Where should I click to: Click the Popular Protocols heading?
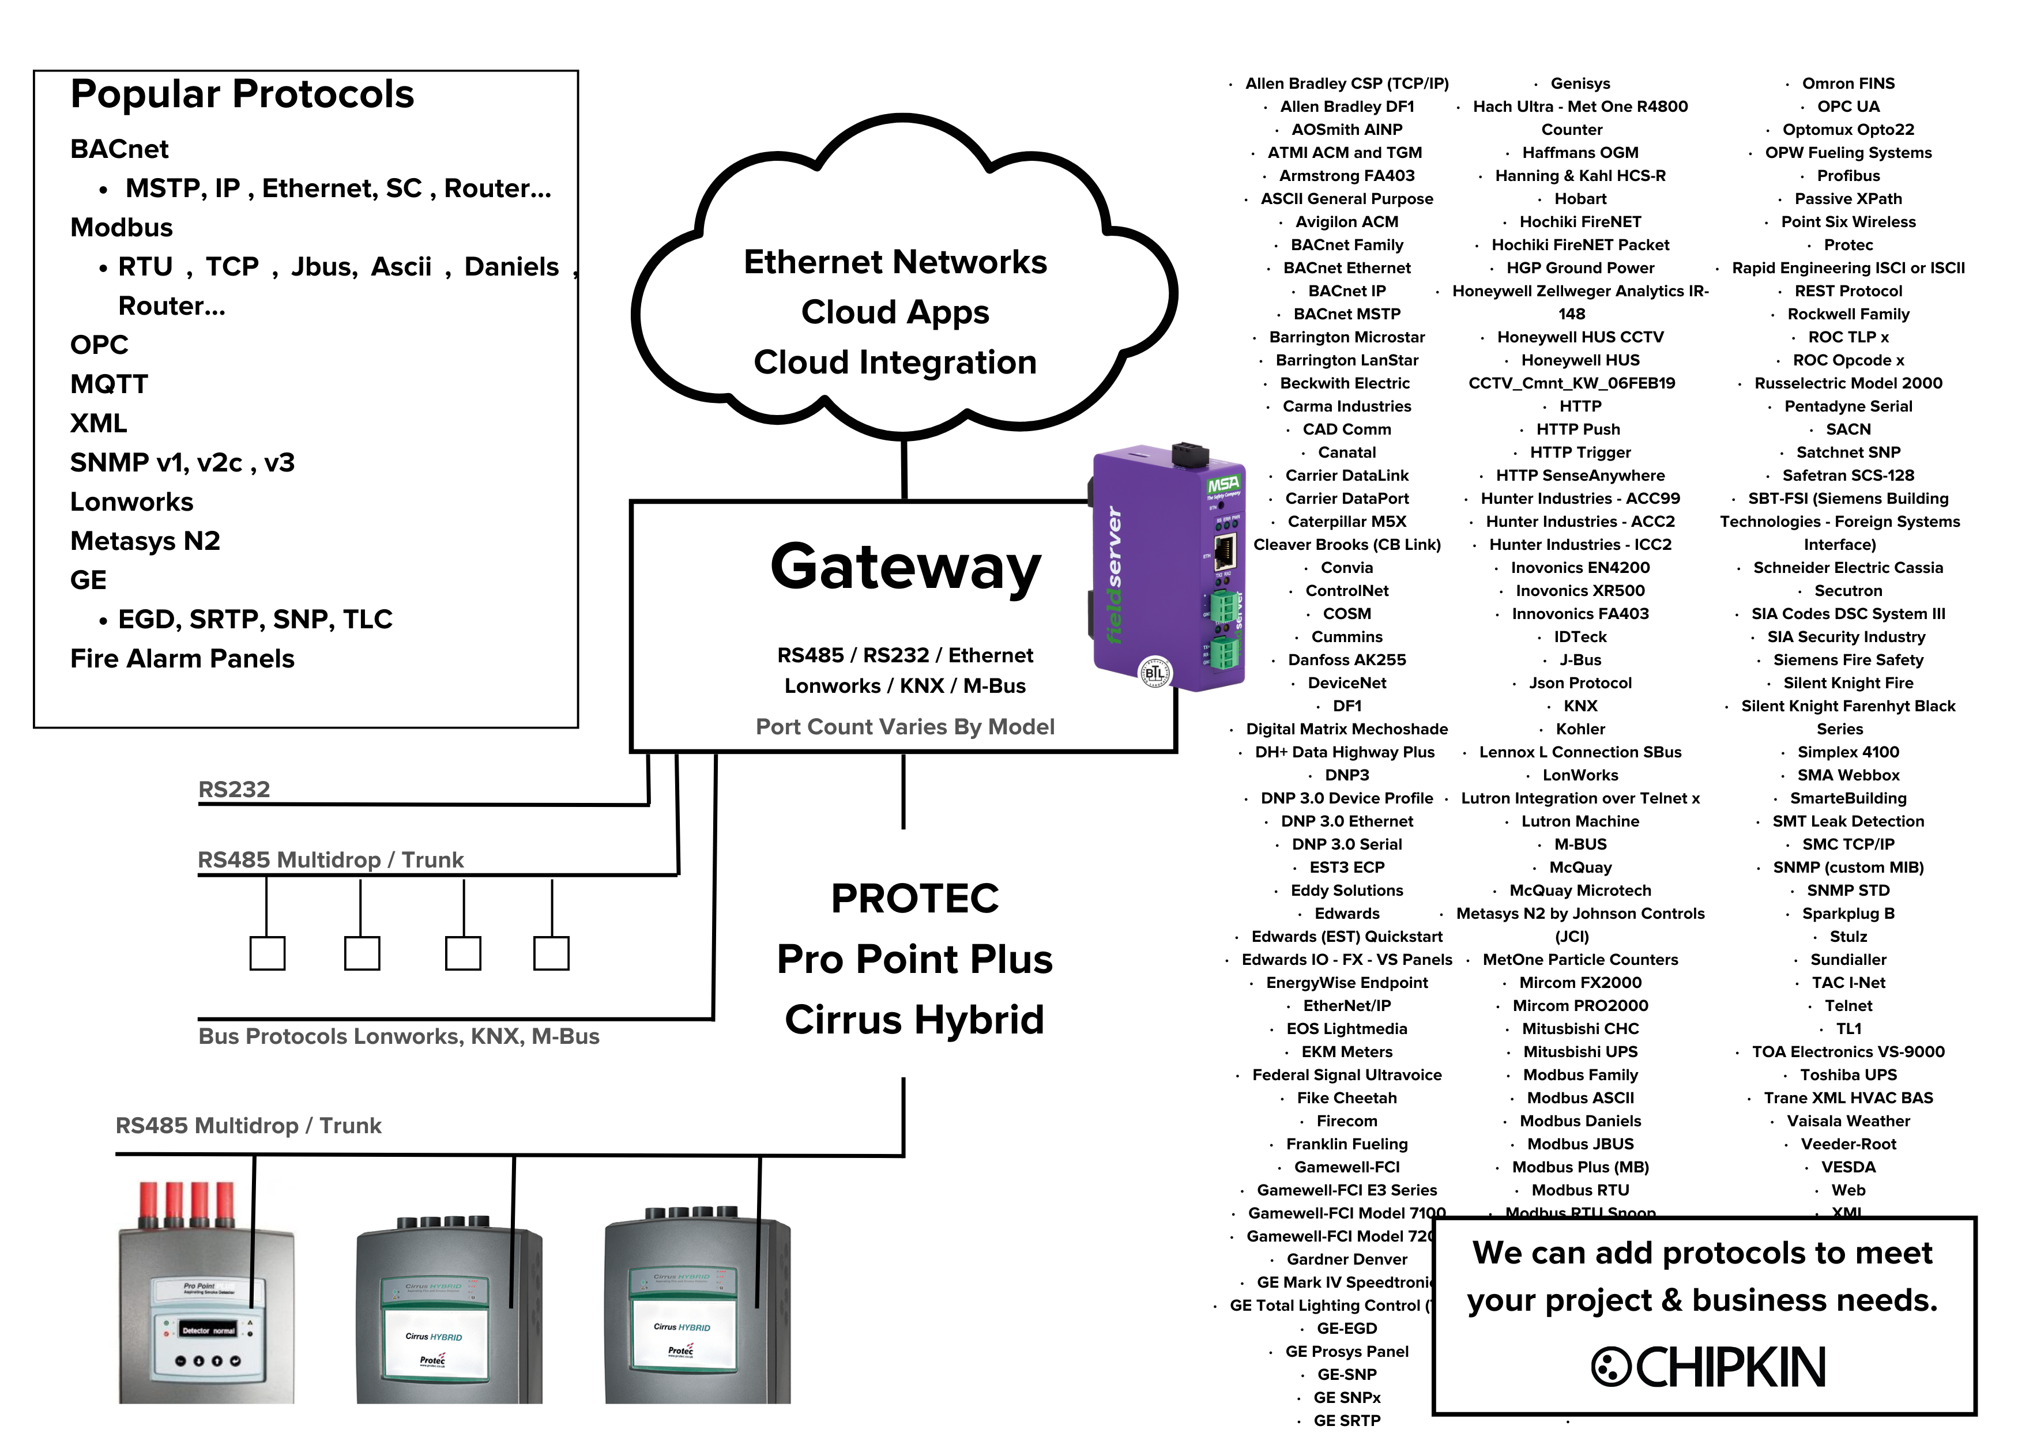242,94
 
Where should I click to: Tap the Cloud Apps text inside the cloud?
894,312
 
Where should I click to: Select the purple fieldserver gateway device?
1167,568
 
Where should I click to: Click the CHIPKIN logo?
1708,1367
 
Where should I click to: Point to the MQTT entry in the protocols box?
108,384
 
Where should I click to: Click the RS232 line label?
234,789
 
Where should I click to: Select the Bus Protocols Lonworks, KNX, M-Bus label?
398,1036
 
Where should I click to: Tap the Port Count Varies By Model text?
904,727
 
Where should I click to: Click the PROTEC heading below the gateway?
914,898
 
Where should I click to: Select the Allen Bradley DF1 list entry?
1346,107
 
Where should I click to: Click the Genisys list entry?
1580,84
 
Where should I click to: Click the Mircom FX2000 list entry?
1580,982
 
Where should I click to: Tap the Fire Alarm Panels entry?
182,658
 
